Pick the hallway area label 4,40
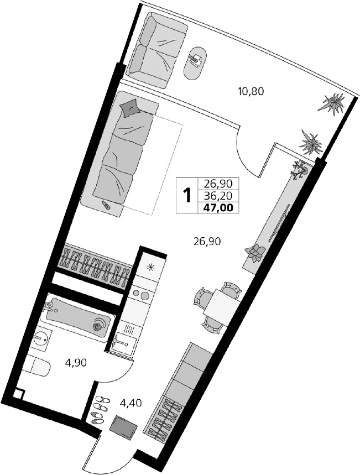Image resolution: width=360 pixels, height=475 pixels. pos(132,403)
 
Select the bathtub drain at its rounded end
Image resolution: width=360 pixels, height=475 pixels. pos(98,326)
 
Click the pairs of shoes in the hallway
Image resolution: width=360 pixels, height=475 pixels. pos(100,410)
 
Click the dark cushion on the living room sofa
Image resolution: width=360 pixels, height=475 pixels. pos(130,107)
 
